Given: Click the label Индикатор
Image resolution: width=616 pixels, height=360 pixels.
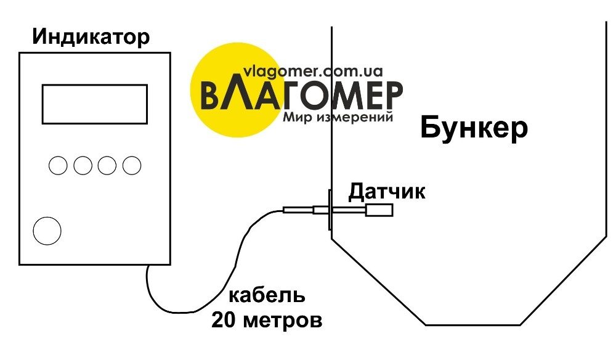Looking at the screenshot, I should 91,38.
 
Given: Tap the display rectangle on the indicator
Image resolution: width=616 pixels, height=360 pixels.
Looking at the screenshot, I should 94,104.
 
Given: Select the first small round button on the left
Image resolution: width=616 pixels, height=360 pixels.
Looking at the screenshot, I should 58,165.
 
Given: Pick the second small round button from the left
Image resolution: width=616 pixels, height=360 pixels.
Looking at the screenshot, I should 83,165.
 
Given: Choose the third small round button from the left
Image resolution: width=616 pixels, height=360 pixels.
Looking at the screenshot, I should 107,165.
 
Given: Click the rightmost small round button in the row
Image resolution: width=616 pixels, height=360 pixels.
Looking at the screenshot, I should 131,165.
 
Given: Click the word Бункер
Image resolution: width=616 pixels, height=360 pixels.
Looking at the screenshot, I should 474,129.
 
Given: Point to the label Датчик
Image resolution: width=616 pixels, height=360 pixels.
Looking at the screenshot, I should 387,192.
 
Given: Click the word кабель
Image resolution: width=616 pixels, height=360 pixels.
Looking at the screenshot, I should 267,296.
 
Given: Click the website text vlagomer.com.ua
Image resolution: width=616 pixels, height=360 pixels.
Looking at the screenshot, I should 314,71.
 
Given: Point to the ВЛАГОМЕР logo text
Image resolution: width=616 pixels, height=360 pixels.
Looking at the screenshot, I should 302,96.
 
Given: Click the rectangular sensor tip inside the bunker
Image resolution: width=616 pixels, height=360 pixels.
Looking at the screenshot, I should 379,211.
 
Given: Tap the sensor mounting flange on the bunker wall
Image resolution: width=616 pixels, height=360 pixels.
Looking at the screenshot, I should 330,210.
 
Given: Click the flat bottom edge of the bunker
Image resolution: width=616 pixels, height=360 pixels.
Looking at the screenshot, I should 473,324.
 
